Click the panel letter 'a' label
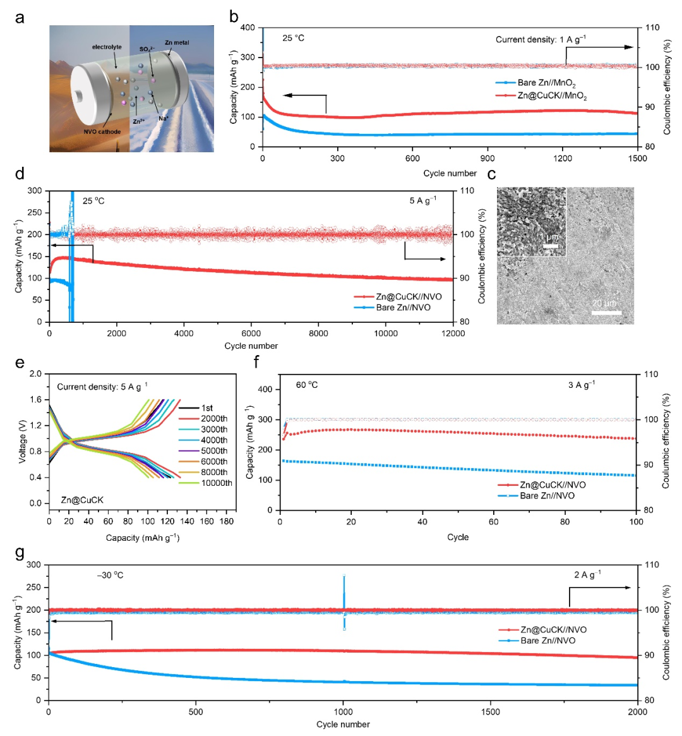[x=19, y=18]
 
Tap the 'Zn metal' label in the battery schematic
[x=177, y=43]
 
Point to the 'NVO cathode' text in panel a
[x=102, y=131]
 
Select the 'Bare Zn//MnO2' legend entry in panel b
[x=535, y=83]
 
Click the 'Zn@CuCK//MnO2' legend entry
[x=541, y=96]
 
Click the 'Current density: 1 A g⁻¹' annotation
[x=541, y=39]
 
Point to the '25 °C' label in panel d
[x=93, y=201]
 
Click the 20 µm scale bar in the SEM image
[x=606, y=313]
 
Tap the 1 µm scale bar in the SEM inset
[x=551, y=246]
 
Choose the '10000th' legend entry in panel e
[x=205, y=483]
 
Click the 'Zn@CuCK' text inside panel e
[x=82, y=500]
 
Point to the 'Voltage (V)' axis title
[x=22, y=442]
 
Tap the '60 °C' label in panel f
[x=307, y=385]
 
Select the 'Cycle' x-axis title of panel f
[x=458, y=537]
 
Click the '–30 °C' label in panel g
[x=111, y=575]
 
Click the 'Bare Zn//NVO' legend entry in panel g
[x=537, y=641]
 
